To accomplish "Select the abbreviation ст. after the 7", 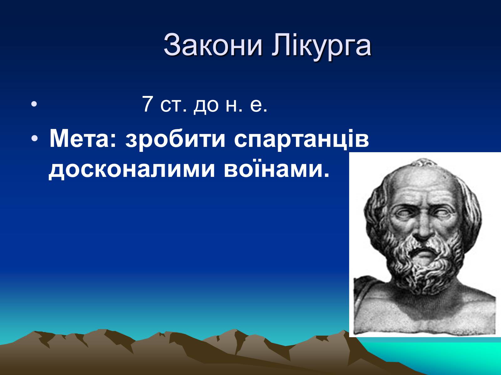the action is (x=173, y=106).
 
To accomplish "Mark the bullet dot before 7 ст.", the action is (x=34, y=104).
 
